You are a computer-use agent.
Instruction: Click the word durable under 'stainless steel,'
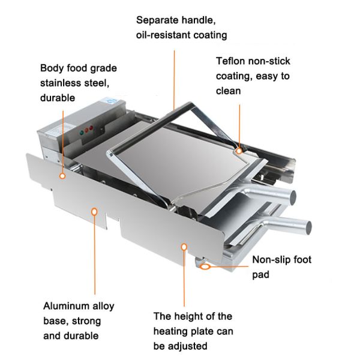click(x=58, y=97)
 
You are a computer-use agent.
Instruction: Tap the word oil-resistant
click(x=164, y=35)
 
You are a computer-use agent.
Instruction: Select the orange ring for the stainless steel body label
click(x=62, y=176)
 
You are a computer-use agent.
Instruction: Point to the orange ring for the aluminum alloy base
click(x=94, y=210)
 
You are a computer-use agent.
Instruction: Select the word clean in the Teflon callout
click(x=229, y=91)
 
